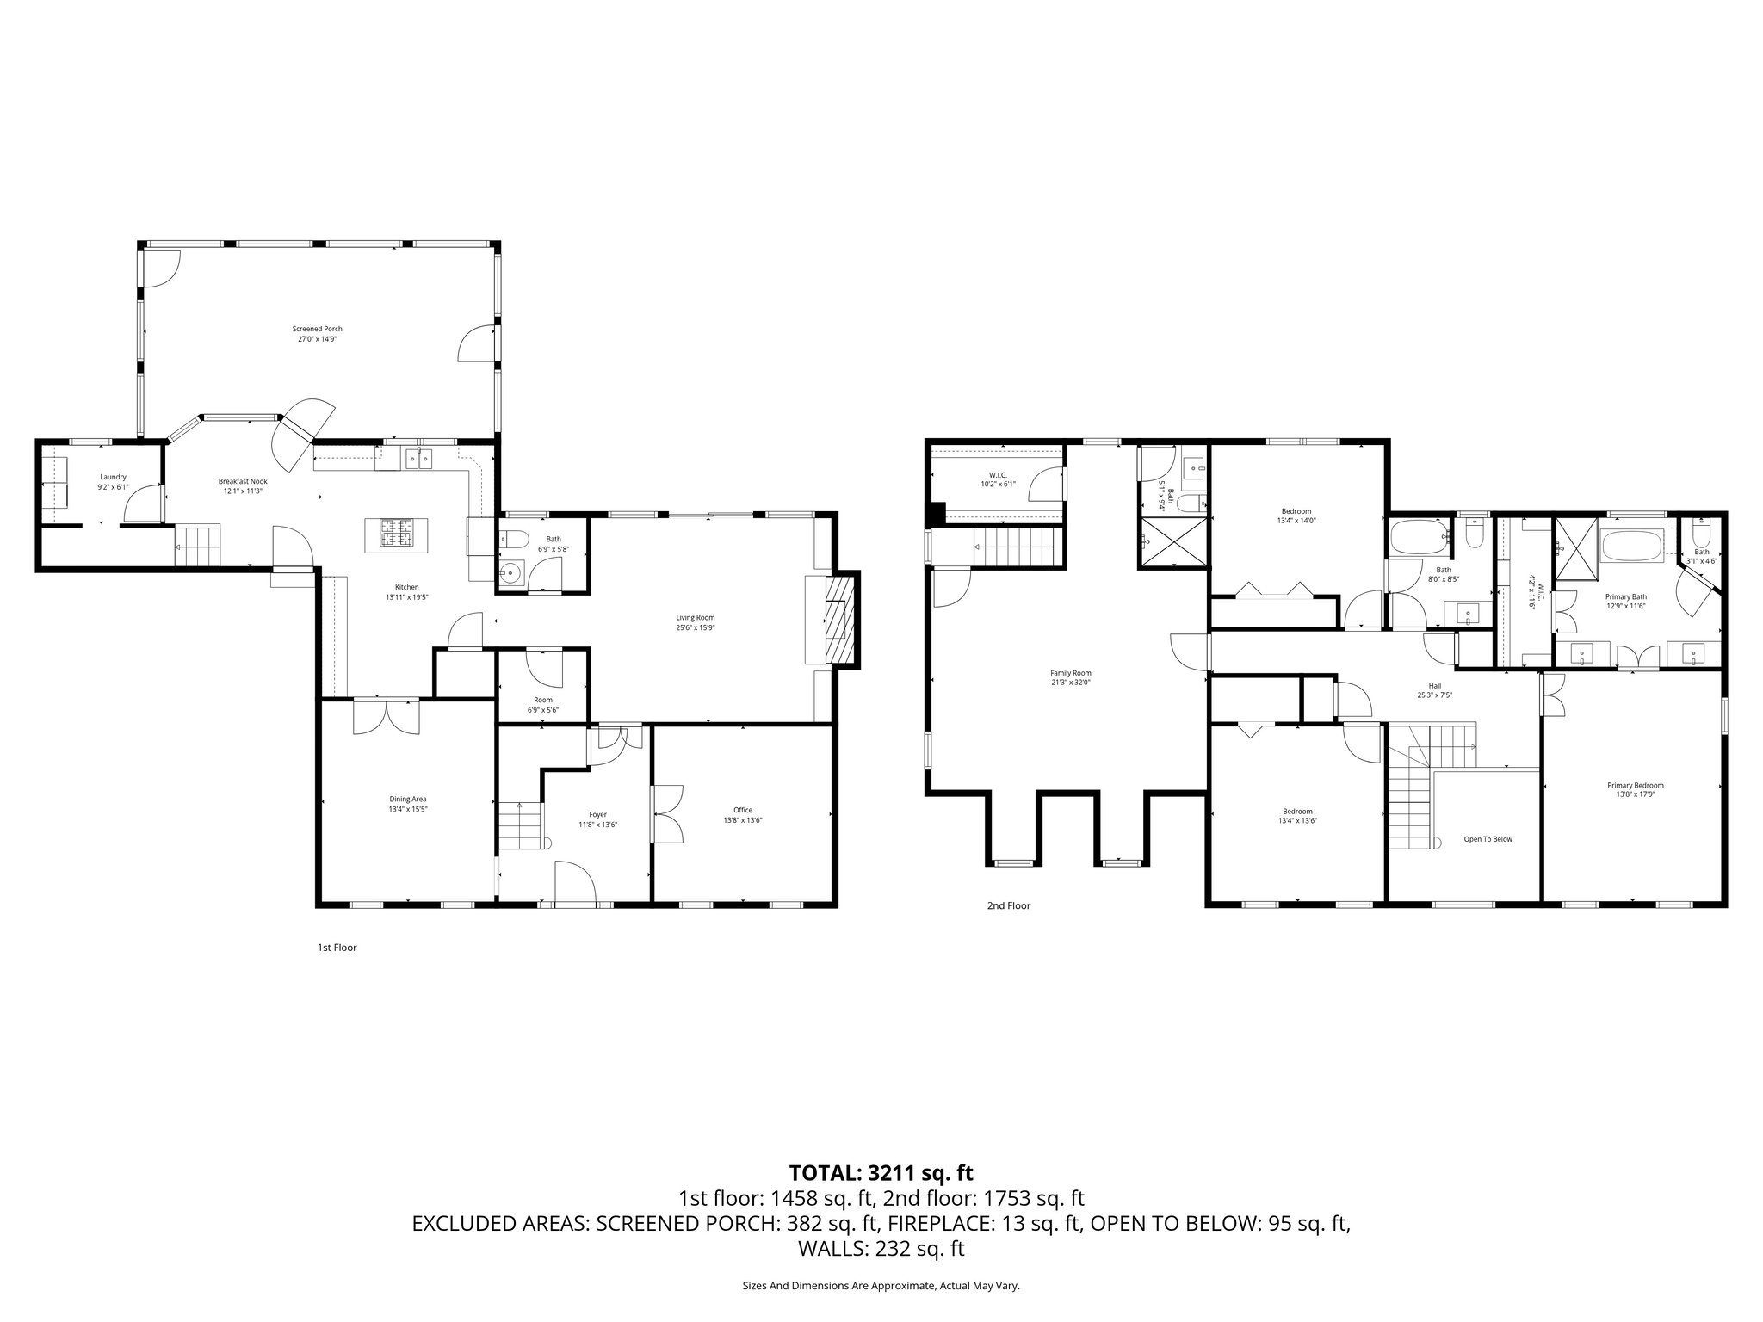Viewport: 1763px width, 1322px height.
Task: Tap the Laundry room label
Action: [x=114, y=477]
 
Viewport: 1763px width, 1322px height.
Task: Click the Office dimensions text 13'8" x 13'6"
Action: [x=743, y=820]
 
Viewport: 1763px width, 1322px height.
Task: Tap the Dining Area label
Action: [x=407, y=799]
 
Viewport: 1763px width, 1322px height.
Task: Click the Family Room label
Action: [x=1070, y=673]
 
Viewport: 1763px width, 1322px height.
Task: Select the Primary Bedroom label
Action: [x=1635, y=785]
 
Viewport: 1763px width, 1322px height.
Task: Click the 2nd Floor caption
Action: [x=1008, y=905]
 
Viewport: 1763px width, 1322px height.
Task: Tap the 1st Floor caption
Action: [x=337, y=948]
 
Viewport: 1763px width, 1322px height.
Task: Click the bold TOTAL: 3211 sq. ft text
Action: [x=881, y=1172]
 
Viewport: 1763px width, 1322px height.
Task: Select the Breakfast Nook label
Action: [x=242, y=482]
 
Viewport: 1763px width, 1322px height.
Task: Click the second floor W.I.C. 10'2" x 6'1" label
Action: [x=998, y=479]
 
